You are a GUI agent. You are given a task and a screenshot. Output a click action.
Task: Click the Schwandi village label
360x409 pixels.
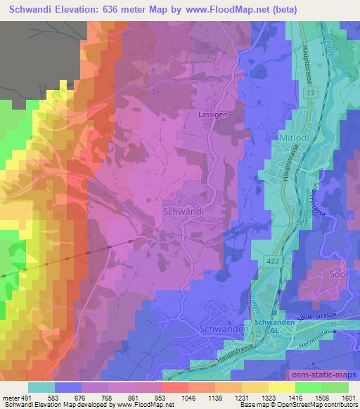pyautogui.click(x=183, y=210)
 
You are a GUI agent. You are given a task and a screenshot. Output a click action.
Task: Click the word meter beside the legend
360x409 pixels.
pyautogui.click(x=10, y=398)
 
